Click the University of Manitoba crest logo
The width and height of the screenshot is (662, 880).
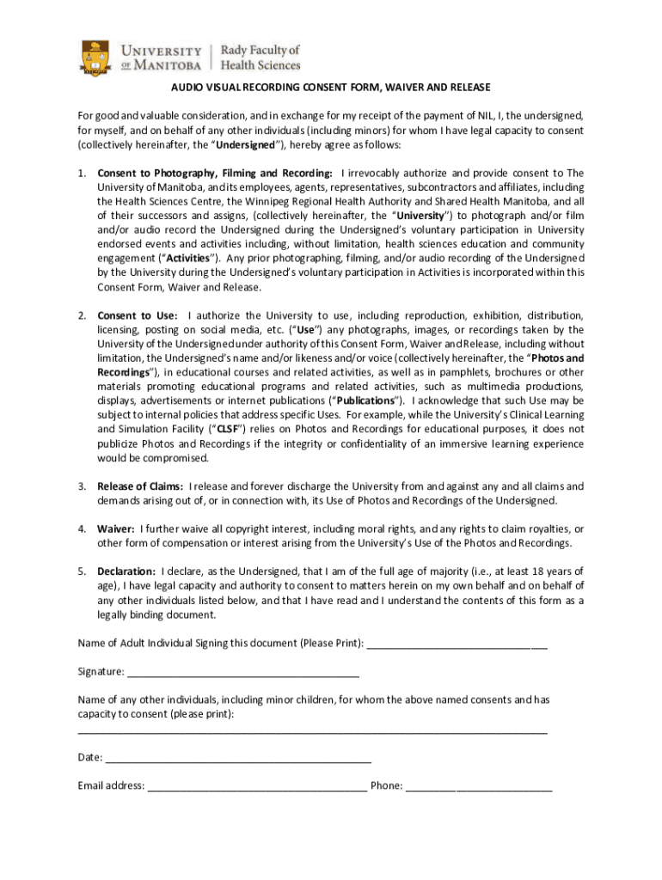pos(95,58)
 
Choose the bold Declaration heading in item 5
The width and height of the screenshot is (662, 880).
pos(126,571)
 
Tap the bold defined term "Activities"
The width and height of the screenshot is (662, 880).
pos(181,258)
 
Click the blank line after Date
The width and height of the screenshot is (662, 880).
pos(238,758)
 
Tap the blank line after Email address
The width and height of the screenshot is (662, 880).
pos(257,785)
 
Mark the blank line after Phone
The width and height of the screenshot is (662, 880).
pos(479,785)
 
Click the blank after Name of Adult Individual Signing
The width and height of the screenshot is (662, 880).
pos(457,644)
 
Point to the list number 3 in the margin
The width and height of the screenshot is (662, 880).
pos(82,486)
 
